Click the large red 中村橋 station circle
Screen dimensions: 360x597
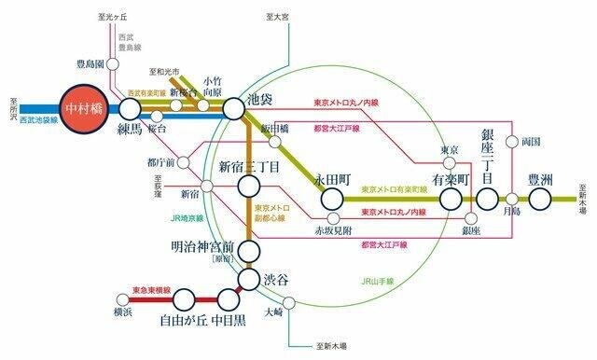88,108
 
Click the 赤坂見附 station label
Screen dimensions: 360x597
331,227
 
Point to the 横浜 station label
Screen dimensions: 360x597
123,313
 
